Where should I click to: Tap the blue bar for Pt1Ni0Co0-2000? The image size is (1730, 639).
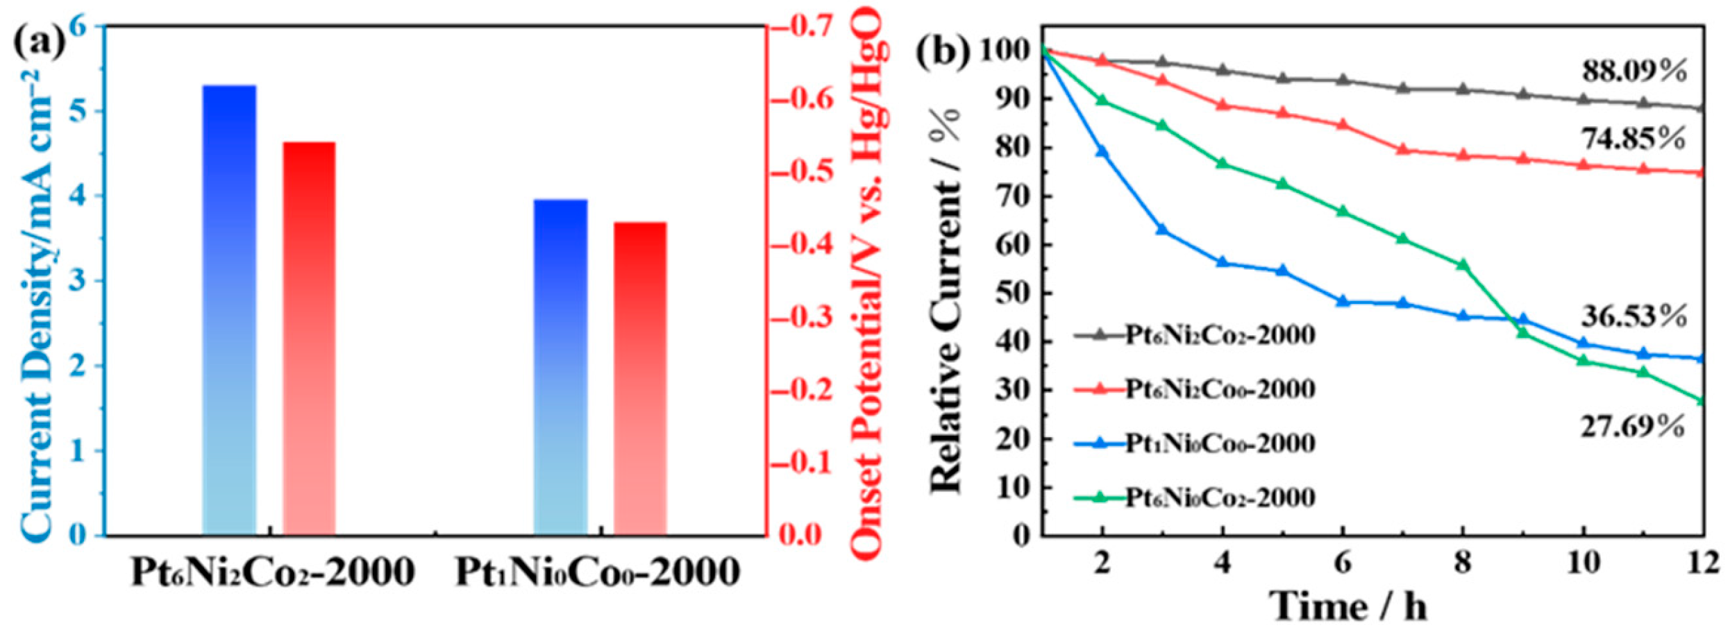tap(560, 367)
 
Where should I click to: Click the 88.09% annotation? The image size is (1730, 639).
tap(1634, 71)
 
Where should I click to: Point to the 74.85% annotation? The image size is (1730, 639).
tap(1634, 139)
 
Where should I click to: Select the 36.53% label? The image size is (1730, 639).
tap(1634, 316)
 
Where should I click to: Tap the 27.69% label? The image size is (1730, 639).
tap(1632, 427)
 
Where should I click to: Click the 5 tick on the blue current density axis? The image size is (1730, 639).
tap(82, 111)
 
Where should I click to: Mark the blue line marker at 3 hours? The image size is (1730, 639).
tap(1162, 229)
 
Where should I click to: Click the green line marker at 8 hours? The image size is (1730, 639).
tap(1463, 265)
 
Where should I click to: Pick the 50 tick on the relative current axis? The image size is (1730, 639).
tap(1016, 293)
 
